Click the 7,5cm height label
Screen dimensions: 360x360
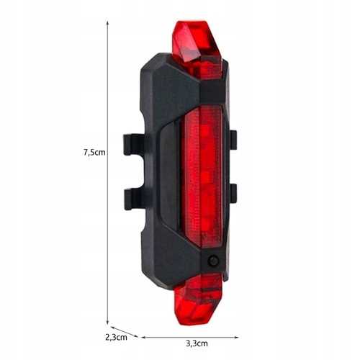94,153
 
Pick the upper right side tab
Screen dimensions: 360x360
233,140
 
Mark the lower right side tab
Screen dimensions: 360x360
233,193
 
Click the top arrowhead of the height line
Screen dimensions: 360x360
108,22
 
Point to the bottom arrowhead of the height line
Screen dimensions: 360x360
108,323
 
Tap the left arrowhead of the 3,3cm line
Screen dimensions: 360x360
143,336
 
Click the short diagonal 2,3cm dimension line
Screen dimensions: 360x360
123,332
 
